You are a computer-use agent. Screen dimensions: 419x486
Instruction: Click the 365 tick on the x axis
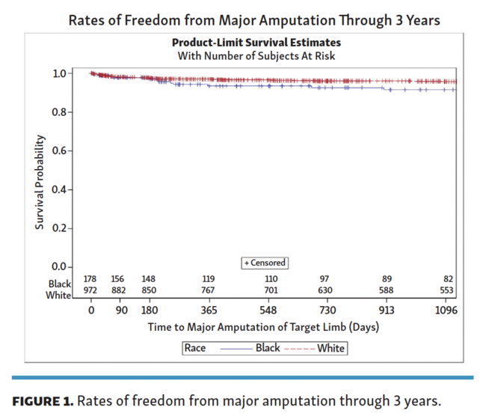[x=209, y=310]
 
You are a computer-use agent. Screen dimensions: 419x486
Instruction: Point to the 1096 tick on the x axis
[x=446, y=310]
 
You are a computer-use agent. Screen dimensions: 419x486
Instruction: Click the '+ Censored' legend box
[x=265, y=263]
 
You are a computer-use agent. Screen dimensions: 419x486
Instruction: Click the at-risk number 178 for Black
[x=90, y=278]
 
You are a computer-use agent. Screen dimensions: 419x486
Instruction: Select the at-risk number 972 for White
[x=90, y=290]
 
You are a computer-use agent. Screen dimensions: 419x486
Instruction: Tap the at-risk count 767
[x=209, y=290]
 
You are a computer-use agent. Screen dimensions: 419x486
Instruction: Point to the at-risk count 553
[x=446, y=290]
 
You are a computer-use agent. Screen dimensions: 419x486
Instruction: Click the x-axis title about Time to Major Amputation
[x=264, y=327]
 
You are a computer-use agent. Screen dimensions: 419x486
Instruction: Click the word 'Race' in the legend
[x=197, y=348]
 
